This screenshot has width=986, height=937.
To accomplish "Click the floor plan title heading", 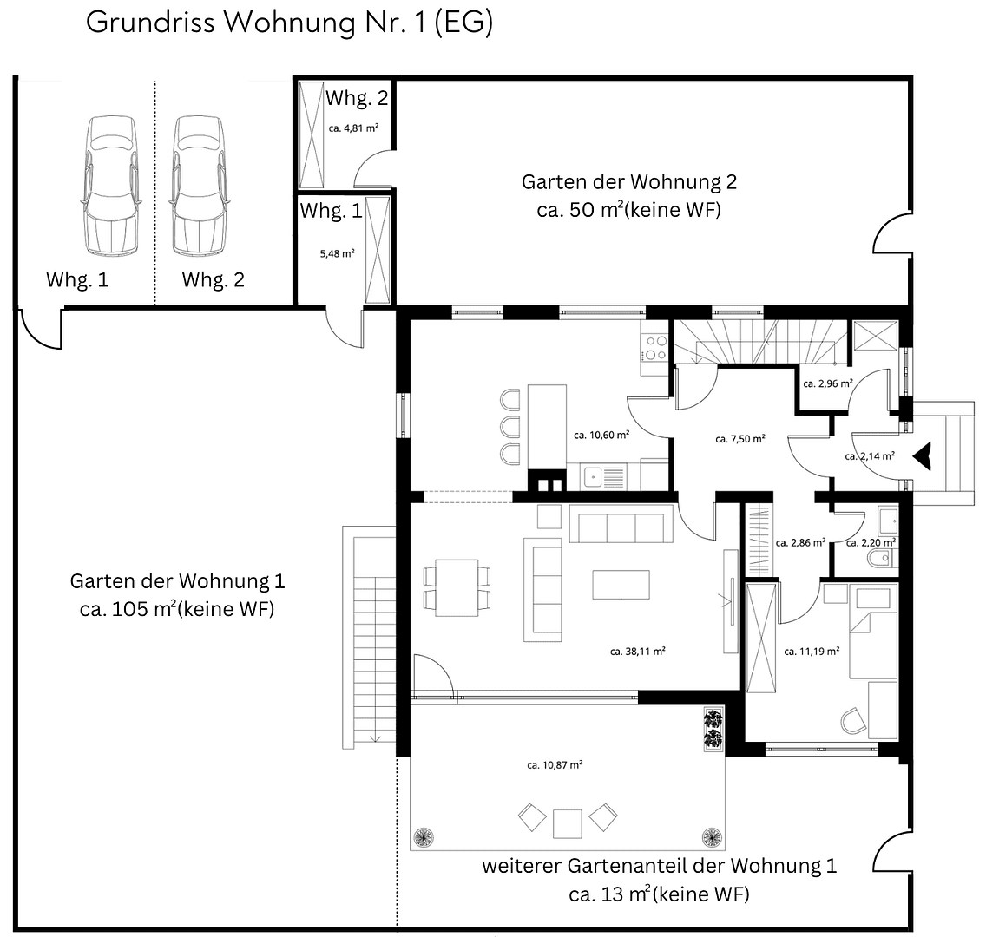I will tap(289, 23).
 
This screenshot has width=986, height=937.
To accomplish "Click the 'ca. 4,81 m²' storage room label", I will tap(353, 128).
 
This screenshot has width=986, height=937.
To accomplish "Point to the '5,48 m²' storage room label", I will tap(338, 253).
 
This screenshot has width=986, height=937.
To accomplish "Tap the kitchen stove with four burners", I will tap(654, 347).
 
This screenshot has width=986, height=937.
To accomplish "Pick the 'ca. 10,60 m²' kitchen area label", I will tap(601, 436).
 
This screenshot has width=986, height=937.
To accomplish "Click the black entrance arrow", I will tap(924, 455).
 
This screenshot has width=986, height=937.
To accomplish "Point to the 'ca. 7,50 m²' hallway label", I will tap(739, 439).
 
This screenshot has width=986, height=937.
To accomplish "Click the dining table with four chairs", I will tap(457, 586).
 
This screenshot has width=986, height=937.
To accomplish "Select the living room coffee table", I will tap(621, 584).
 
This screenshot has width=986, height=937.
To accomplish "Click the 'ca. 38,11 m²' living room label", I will tap(637, 650).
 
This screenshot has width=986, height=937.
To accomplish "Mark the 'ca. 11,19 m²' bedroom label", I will tap(811, 651).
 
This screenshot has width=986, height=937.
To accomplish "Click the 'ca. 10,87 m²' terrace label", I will tap(554, 764).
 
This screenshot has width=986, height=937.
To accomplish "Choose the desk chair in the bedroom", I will tap(852, 720).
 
